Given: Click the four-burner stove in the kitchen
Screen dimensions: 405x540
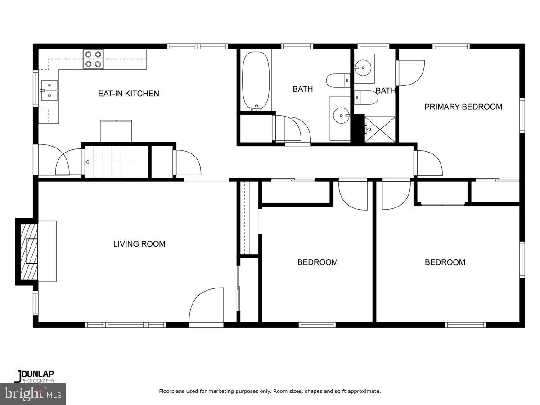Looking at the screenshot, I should (93, 59).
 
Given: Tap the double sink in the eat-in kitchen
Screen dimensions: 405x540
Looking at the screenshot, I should (49, 90).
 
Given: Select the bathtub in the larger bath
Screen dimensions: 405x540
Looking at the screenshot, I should (256, 81).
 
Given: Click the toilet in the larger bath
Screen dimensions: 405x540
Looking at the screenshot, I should (337, 81).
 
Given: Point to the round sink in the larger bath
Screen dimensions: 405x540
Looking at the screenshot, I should (341, 116).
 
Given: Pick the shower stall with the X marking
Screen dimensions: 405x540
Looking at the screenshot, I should (379, 129).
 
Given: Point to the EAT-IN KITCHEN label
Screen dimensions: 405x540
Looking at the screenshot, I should (129, 94).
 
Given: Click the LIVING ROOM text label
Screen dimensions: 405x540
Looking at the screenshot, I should (139, 244).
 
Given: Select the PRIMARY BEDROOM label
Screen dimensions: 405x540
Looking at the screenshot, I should (463, 107).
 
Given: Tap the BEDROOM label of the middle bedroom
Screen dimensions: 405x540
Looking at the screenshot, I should (317, 262).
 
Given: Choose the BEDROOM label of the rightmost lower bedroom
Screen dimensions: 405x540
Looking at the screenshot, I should (445, 262).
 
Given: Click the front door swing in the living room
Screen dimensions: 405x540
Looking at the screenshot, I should (207, 306).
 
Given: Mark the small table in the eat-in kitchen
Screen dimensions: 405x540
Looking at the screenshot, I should (116, 131).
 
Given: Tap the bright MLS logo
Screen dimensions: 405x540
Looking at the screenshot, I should (33, 394).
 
